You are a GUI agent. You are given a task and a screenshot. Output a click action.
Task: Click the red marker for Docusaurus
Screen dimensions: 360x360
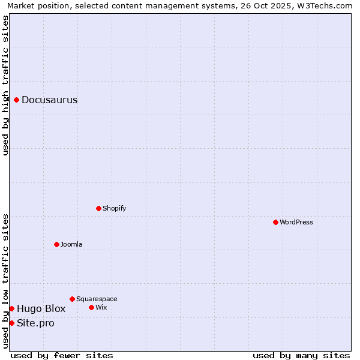pyautogui.click(x=17, y=100)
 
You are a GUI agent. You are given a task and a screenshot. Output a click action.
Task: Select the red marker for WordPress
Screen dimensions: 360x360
pyautogui.click(x=275, y=222)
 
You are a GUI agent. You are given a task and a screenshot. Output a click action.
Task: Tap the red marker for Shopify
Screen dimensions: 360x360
pyautogui.click(x=98, y=208)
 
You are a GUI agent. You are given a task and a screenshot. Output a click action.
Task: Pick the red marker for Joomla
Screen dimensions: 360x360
pyautogui.click(x=56, y=244)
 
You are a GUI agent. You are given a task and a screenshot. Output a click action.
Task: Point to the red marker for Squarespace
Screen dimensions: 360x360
pyautogui.click(x=72, y=299)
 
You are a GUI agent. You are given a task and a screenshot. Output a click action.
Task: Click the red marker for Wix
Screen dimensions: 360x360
pyautogui.click(x=91, y=307)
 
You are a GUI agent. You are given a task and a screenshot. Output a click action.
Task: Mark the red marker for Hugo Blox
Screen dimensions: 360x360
pyautogui.click(x=11, y=308)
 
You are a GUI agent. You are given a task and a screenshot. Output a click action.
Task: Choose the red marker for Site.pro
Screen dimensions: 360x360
pyautogui.click(x=11, y=323)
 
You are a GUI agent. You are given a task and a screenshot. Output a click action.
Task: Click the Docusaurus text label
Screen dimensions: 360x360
pyautogui.click(x=49, y=100)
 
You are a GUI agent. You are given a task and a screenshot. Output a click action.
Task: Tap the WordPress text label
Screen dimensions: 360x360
pyautogui.click(x=296, y=222)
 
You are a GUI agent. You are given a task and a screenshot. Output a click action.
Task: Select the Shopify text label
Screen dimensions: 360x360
pyautogui.click(x=114, y=208)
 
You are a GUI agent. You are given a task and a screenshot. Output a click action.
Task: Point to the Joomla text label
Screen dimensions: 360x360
pyautogui.click(x=71, y=244)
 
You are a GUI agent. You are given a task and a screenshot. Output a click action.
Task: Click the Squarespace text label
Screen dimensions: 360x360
pyautogui.click(x=97, y=299)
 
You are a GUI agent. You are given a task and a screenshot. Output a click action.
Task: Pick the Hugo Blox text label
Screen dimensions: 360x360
pyautogui.click(x=41, y=309)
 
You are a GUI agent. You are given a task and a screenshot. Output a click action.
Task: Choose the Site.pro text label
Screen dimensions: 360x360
pyautogui.click(x=35, y=323)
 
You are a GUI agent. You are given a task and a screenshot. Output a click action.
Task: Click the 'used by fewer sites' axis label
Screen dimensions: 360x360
pyautogui.click(x=62, y=355)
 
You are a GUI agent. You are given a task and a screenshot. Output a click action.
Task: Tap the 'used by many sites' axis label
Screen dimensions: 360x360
pyautogui.click(x=301, y=355)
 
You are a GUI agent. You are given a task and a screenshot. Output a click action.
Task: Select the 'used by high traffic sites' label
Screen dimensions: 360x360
pyautogui.click(x=6, y=85)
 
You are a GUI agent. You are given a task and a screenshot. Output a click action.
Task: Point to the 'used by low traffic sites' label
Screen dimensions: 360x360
pyautogui.click(x=6, y=281)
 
